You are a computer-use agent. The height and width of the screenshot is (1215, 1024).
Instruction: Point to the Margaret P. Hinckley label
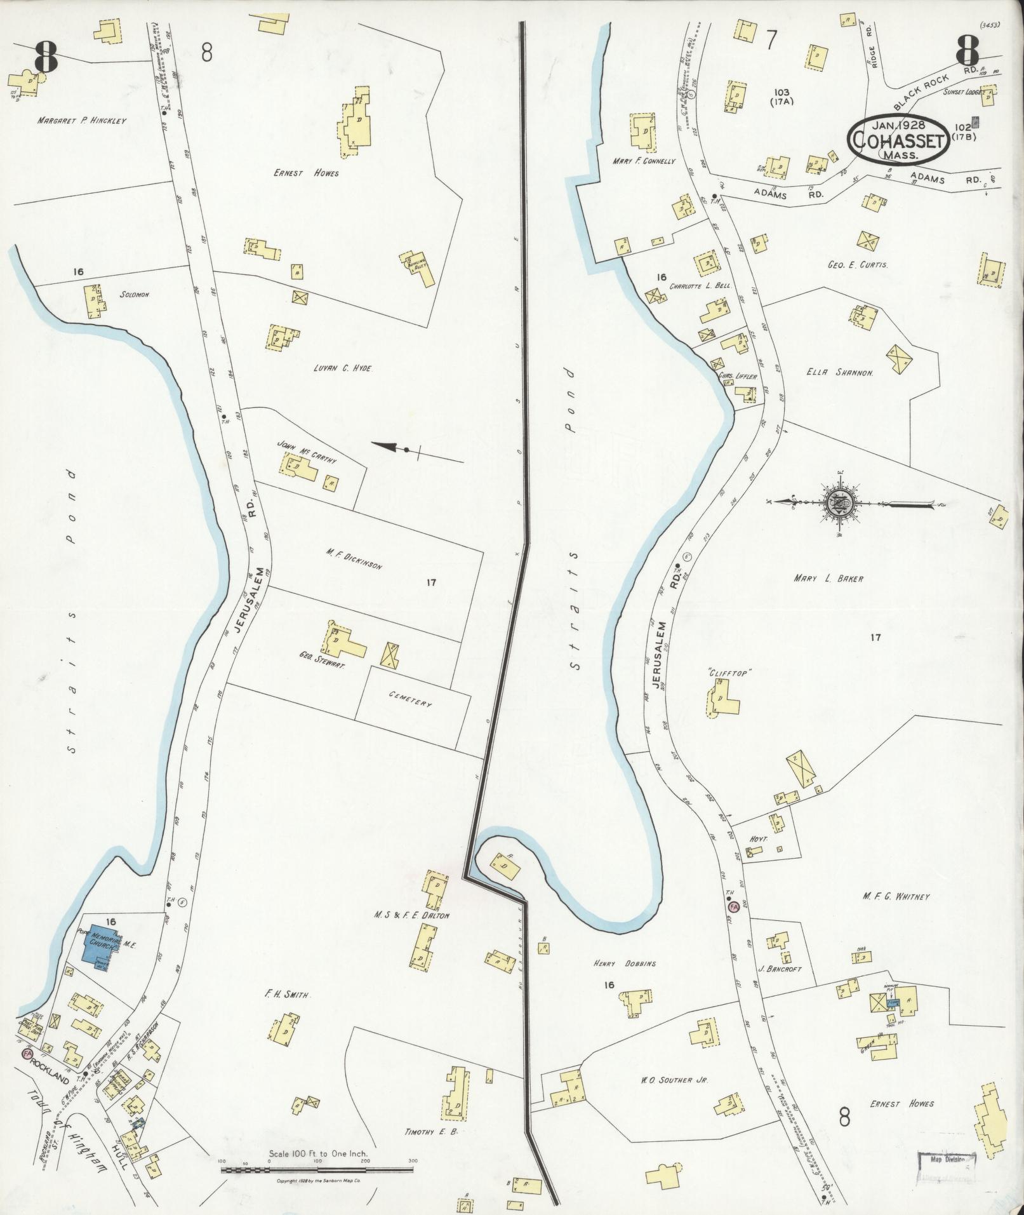pyautogui.click(x=81, y=121)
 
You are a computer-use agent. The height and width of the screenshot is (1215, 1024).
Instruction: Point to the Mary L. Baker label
pyautogui.click(x=828, y=579)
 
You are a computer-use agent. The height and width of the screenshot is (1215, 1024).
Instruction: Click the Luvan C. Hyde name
pyautogui.click(x=342, y=368)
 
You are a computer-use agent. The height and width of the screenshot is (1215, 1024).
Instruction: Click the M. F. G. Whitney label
pyautogui.click(x=896, y=896)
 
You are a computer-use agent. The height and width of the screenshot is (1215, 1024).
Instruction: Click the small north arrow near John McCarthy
pyautogui.click(x=406, y=450)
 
